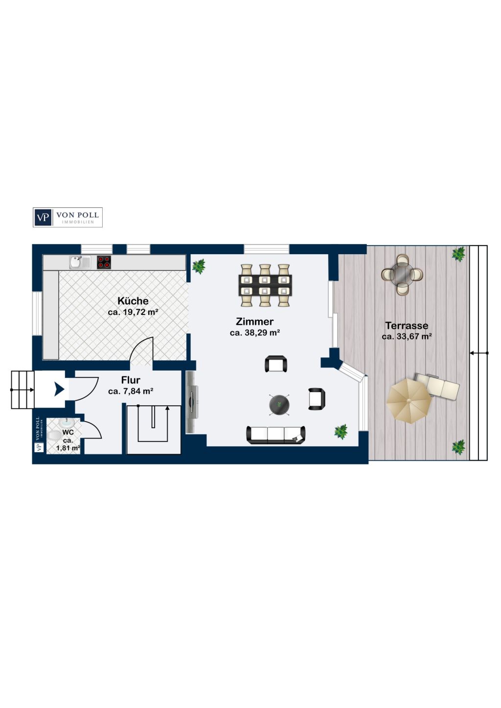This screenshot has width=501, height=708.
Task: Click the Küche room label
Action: [x=133, y=301]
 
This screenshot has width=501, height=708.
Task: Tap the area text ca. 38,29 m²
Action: [x=255, y=333]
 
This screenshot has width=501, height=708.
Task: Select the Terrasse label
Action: [x=407, y=325]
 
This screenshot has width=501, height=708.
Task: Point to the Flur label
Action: [x=131, y=380]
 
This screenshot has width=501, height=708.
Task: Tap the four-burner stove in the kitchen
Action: [x=104, y=262]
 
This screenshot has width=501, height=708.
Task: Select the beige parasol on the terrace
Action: [x=409, y=401]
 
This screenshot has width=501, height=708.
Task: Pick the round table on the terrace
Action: [x=402, y=274]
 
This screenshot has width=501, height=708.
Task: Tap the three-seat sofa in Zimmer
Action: [x=276, y=435]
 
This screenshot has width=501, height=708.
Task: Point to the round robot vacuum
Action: [x=279, y=404]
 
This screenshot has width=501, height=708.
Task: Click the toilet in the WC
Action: [x=55, y=436]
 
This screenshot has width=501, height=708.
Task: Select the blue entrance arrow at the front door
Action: [x=60, y=389]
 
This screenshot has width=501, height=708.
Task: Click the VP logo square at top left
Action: [x=43, y=217]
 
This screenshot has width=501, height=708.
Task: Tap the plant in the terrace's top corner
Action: [x=458, y=254]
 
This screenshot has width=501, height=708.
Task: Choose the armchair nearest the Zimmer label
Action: [x=276, y=364]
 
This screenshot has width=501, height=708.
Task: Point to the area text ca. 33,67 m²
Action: [x=407, y=336]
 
